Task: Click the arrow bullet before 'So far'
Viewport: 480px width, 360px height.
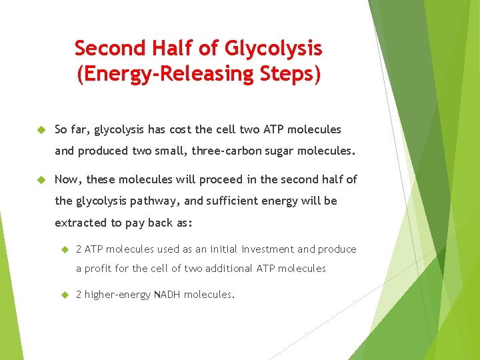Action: click(x=40, y=129)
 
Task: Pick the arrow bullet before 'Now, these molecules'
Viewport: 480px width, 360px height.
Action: click(x=40, y=179)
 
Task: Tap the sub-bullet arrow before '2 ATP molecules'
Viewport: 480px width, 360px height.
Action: click(x=65, y=249)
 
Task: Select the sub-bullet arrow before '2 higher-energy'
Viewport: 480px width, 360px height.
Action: click(x=65, y=294)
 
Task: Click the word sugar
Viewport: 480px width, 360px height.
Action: click(x=275, y=151)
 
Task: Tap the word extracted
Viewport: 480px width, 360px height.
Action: click(x=79, y=222)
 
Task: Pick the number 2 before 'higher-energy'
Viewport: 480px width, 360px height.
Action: click(x=79, y=295)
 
